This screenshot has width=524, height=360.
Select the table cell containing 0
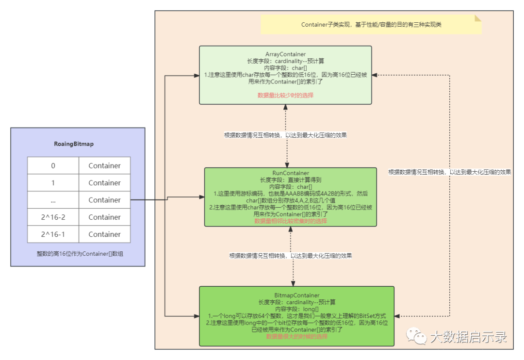coord(53,165)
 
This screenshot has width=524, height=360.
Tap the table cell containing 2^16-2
coord(53,217)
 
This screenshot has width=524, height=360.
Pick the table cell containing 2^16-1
coord(53,234)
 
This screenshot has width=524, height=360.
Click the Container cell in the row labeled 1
coord(104,182)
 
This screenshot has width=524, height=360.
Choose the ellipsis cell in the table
coord(53,200)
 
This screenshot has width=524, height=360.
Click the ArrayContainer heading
coord(285,54)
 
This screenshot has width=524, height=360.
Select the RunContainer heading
coord(290,173)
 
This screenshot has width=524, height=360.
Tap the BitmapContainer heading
coord(297,295)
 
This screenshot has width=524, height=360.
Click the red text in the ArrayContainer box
coord(285,95)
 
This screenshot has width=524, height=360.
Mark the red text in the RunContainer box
coord(290,221)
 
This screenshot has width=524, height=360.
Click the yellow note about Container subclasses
coord(371,25)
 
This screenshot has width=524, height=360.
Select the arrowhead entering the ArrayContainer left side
coord(196,76)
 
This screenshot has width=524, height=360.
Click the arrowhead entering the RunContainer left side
coord(201,196)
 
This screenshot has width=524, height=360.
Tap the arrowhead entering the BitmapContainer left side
coord(196,316)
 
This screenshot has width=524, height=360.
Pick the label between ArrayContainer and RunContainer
coord(285,135)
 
